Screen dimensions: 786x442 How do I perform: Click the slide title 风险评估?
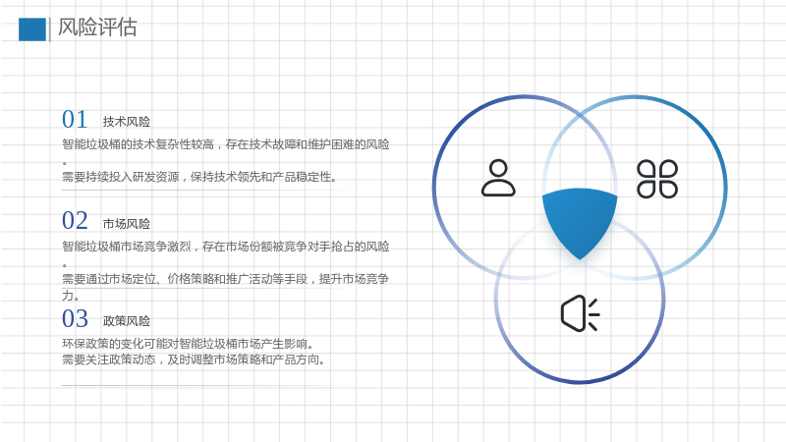(97, 28)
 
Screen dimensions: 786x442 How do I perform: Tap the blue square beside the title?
(32, 29)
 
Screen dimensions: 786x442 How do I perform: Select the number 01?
(75, 119)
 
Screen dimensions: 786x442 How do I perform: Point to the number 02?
(75, 220)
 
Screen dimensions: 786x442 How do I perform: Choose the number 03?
(75, 318)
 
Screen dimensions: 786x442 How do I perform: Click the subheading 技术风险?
(127, 122)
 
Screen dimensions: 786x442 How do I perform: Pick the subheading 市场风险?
(127, 224)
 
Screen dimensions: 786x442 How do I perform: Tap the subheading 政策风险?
(127, 321)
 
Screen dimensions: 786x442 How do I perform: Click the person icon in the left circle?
(498, 178)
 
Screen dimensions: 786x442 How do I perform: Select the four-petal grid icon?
(657, 179)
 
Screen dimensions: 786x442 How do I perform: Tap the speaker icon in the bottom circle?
(580, 313)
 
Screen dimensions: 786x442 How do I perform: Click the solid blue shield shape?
(580, 220)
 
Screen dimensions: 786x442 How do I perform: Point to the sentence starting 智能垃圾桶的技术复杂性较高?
(226, 144)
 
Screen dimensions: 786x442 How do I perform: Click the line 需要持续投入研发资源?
(199, 177)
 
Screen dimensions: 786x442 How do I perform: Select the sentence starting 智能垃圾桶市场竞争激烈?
(226, 247)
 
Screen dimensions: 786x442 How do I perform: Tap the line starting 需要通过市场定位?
(225, 279)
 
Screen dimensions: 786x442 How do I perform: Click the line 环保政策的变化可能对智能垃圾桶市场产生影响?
(188, 344)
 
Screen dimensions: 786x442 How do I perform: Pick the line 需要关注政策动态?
(194, 359)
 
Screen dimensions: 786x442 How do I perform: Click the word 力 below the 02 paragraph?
(67, 296)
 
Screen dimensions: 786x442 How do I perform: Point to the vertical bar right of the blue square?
(49, 29)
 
